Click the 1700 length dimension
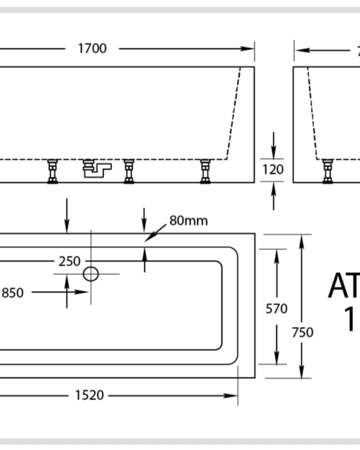tap(92, 49)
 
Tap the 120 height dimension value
tap(273, 170)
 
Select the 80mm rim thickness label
tap(188, 221)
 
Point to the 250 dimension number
tap(70, 262)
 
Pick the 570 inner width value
tap(276, 309)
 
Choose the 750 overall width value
tap(302, 332)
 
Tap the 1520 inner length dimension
tap(89, 395)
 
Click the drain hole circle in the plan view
tap(91, 274)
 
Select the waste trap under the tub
tap(96, 170)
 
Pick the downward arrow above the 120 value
tap(274, 145)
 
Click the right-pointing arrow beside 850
tap(80, 292)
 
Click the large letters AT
tap(343, 287)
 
